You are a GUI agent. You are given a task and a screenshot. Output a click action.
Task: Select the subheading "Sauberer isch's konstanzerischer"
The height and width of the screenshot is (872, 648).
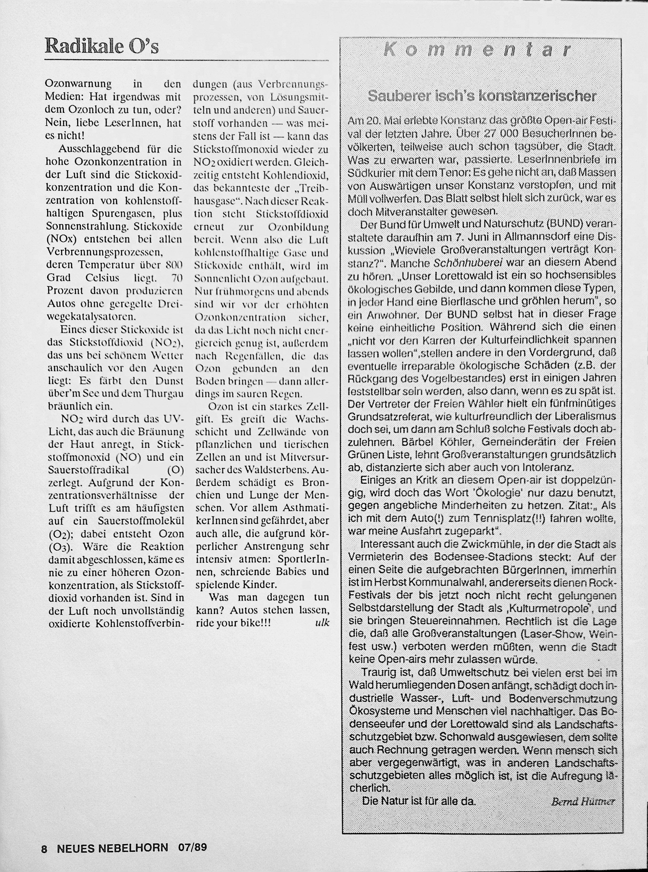[482, 96]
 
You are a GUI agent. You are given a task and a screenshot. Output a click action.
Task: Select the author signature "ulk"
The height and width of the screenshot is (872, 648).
[322, 623]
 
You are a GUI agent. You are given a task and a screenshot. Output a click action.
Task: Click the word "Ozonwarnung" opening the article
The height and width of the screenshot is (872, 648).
[79, 84]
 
